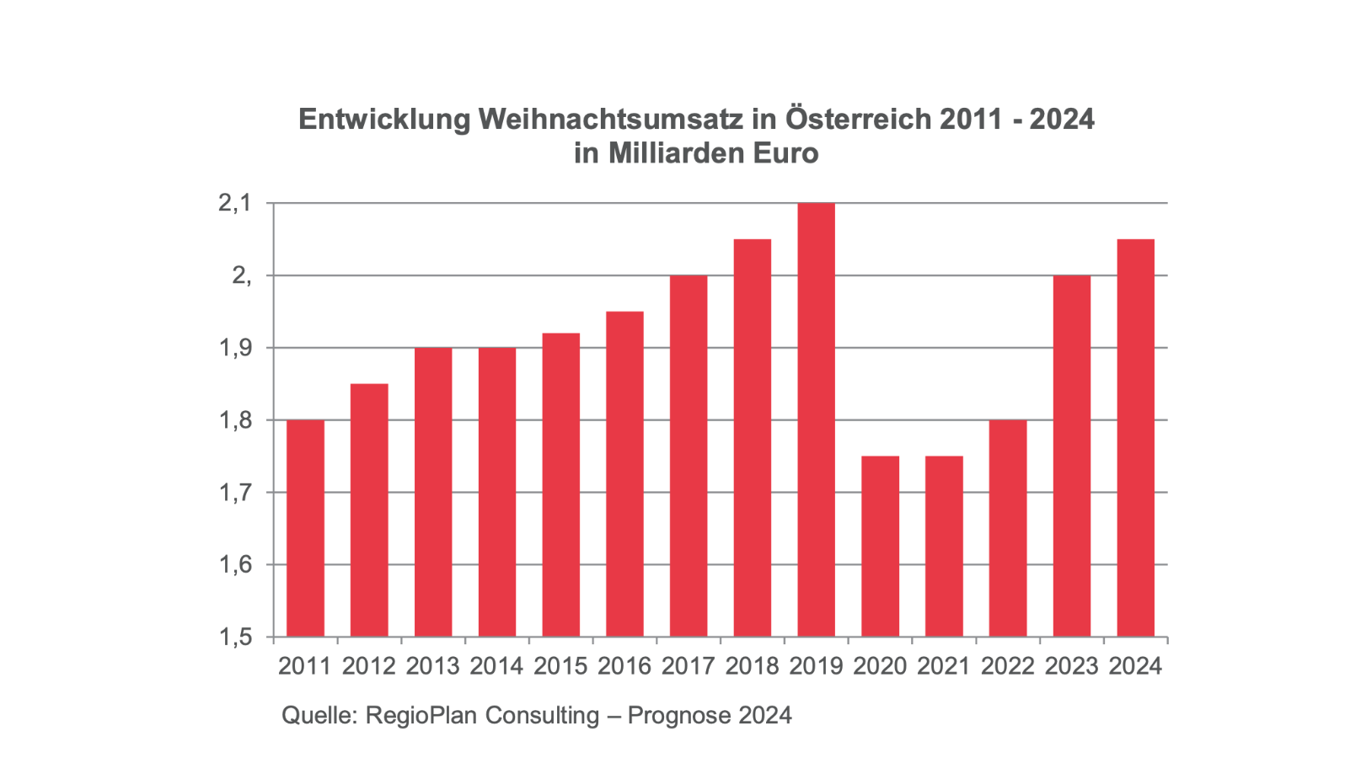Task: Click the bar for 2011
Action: pos(305,528)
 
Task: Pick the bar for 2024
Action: pos(1135,438)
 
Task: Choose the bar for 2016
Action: pos(624,474)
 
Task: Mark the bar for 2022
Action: pos(1008,528)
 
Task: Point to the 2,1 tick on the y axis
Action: pos(235,203)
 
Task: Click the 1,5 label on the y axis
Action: pos(235,637)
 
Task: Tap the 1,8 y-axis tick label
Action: pos(235,420)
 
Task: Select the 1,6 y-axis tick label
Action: pos(235,564)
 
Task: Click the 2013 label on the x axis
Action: pos(432,666)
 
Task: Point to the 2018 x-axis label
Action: pos(752,666)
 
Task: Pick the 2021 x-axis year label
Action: pos(944,666)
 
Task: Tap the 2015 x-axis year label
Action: pos(560,666)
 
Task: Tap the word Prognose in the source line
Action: pos(679,716)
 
